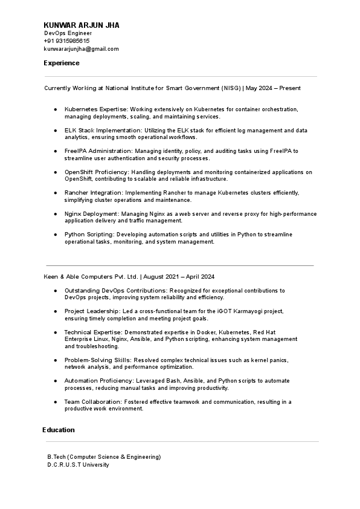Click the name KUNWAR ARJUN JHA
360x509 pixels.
82,25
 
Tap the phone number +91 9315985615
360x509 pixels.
67,41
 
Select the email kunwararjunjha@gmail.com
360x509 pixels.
82,48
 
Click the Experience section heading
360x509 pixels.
61,63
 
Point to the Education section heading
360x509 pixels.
59,430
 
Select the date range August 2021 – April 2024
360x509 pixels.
179,277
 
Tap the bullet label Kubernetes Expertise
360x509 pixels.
94,109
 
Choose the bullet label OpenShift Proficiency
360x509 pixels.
97,172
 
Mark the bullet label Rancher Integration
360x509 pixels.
93,192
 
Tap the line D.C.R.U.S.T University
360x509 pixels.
78,465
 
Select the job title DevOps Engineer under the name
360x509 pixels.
67,33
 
